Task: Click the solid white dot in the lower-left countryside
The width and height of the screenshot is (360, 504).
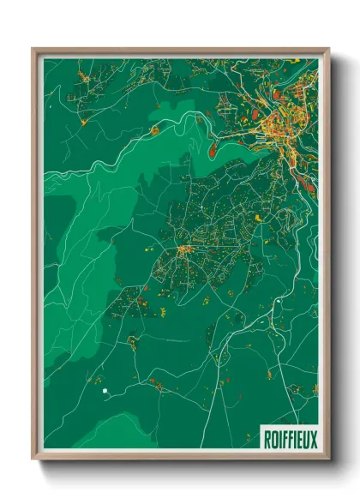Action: [105, 392]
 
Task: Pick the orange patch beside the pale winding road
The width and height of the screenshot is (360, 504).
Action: [155, 130]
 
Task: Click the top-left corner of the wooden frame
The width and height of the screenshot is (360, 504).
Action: [33, 49]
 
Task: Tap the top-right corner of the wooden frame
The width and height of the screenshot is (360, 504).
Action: [329, 49]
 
